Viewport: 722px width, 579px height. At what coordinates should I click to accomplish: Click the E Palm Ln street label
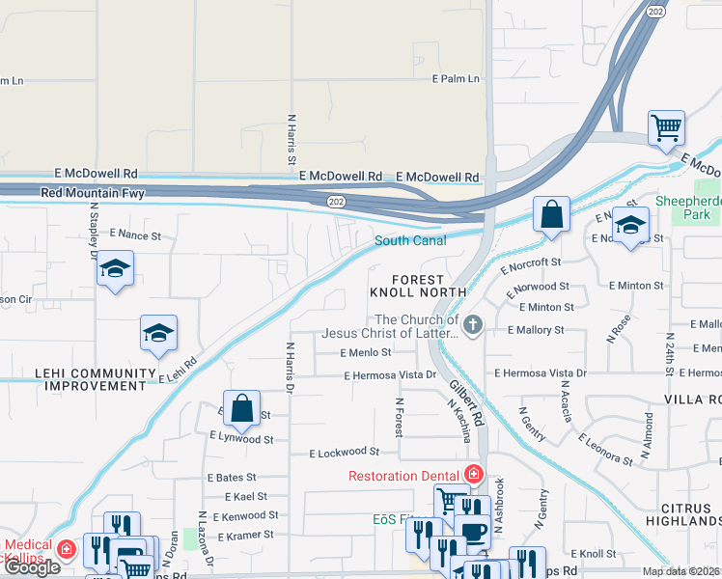[x=456, y=79]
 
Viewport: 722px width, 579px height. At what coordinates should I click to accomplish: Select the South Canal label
[x=410, y=240]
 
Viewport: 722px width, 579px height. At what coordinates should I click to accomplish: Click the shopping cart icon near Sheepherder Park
[x=666, y=127]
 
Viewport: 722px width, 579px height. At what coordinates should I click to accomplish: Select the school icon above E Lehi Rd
[x=158, y=333]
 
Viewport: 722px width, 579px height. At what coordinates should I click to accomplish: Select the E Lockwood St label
[x=345, y=452]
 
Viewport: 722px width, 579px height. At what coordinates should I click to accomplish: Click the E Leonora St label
[x=605, y=450]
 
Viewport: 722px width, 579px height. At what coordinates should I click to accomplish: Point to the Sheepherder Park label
[x=687, y=207]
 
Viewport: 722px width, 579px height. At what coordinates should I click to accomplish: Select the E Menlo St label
[x=366, y=353]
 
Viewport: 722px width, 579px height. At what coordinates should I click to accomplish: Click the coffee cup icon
[x=472, y=534]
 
